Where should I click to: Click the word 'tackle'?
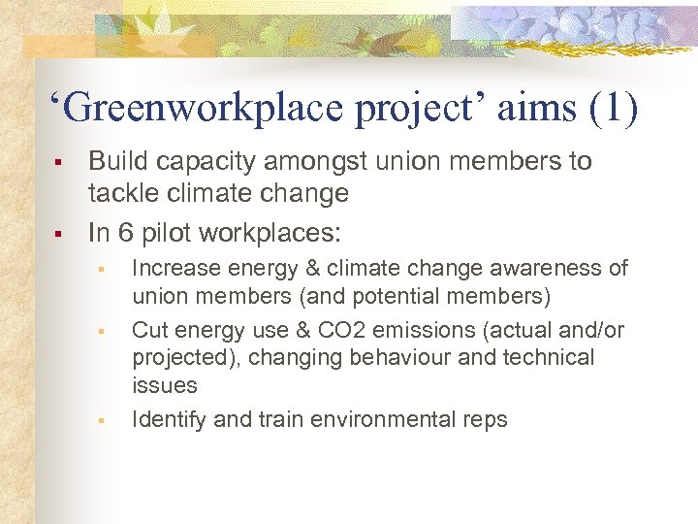click(x=120, y=193)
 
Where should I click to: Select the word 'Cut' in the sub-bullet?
click(x=149, y=331)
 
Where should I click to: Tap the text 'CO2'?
click(x=341, y=331)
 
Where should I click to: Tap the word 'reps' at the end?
click(x=485, y=420)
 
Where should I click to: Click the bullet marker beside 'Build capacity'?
click(x=60, y=163)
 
